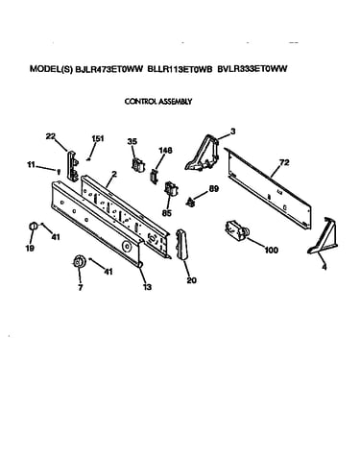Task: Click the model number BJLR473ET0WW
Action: tap(108, 69)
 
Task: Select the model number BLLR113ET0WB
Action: tap(180, 69)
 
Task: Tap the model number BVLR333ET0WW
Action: tap(252, 69)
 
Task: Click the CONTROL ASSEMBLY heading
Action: tap(158, 102)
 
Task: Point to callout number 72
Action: tap(284, 163)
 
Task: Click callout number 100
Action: tap(272, 250)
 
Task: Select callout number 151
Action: tap(98, 138)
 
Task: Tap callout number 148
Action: tap(165, 150)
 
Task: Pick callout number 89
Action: tap(213, 189)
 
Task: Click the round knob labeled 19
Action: tap(32, 227)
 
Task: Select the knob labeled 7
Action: tap(79, 262)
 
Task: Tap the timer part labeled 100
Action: tap(238, 230)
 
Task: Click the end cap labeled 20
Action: tap(182, 244)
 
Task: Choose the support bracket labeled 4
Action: tap(324, 236)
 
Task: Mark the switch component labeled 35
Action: tap(138, 164)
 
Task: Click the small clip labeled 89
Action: tap(190, 203)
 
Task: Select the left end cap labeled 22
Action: tap(72, 166)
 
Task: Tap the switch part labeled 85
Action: tap(171, 190)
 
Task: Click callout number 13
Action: tap(147, 287)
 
